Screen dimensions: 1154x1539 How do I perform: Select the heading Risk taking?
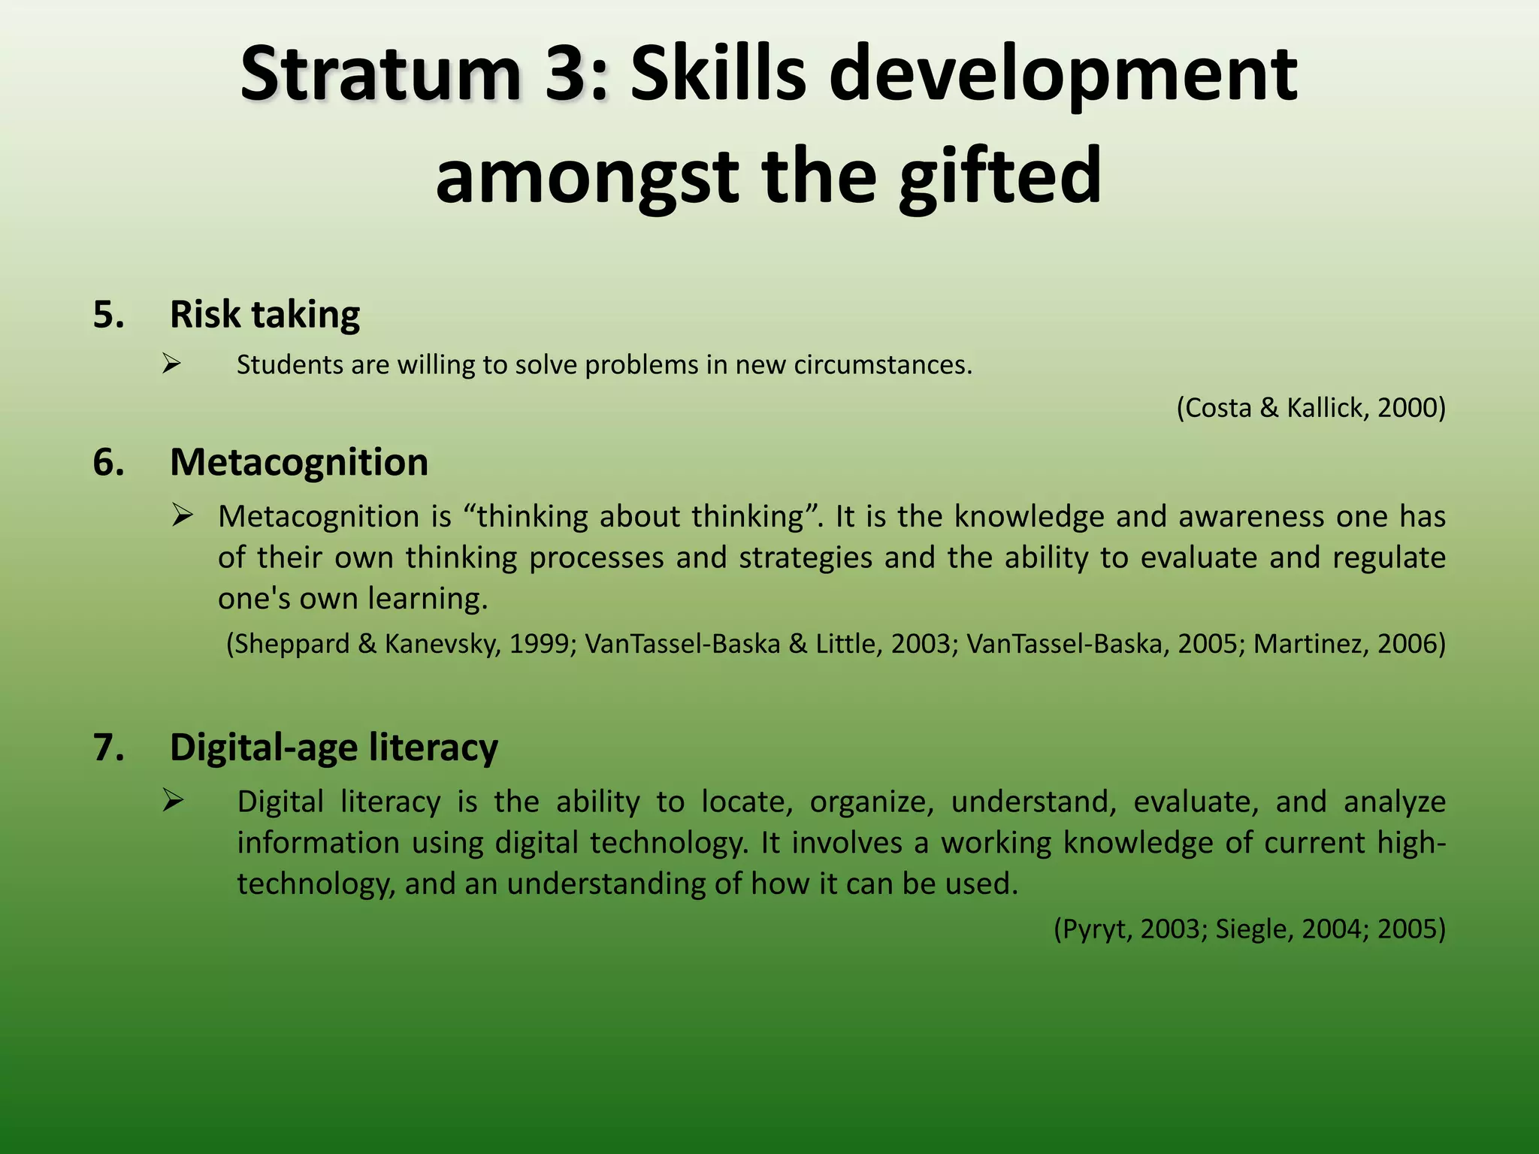tap(265, 314)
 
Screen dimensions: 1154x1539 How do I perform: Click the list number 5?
tap(108, 314)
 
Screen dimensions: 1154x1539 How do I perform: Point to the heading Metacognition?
tap(299, 461)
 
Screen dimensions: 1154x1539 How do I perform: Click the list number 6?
tap(108, 461)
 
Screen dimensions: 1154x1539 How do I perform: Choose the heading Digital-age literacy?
tap(334, 747)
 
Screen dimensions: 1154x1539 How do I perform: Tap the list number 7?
tap(108, 747)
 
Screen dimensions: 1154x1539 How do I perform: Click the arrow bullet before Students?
tap(172, 364)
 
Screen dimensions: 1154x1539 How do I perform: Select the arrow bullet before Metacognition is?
tap(183, 515)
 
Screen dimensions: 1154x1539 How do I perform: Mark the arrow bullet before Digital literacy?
tap(173, 801)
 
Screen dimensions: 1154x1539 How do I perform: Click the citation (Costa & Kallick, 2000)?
tap(1311, 407)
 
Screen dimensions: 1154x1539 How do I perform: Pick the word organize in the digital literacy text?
tap(872, 802)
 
